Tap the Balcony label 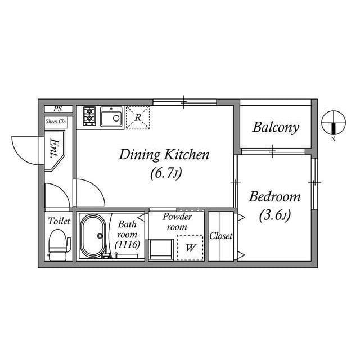point(276,127)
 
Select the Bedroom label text point(275,197)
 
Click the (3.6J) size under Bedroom point(275,215)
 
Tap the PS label point(58,109)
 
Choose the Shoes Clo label point(56,121)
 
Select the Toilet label point(58,222)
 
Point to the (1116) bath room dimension point(128,245)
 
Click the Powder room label point(177,221)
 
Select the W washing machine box point(190,247)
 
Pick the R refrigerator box point(138,118)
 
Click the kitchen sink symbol point(112,118)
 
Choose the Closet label point(221,236)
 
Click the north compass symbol point(333,123)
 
